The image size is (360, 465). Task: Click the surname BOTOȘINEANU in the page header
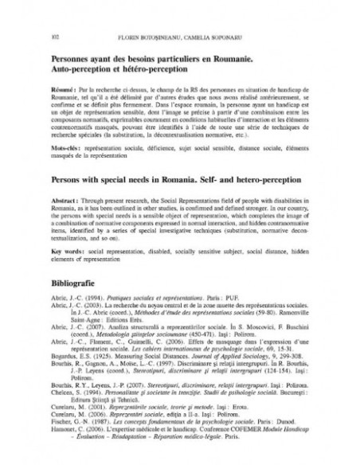[166, 36]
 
